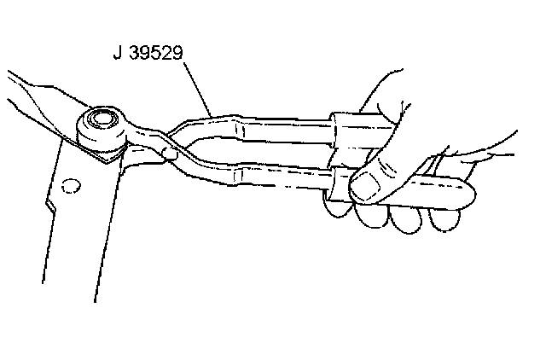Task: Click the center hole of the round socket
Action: pyautogui.click(x=103, y=118)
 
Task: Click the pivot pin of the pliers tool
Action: pyautogui.click(x=170, y=153)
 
